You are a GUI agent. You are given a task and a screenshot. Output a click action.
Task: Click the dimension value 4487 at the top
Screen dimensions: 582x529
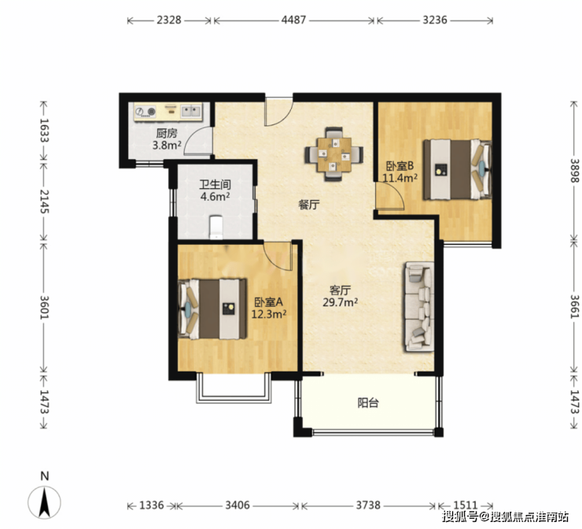[293, 20]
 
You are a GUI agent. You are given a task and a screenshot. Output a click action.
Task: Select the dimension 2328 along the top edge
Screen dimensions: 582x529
[169, 20]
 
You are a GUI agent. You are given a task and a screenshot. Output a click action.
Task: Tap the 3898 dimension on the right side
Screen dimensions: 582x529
[574, 171]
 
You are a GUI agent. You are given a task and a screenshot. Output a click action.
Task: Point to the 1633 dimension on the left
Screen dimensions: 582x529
[44, 131]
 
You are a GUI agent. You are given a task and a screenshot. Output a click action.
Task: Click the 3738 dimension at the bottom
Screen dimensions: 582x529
[368, 505]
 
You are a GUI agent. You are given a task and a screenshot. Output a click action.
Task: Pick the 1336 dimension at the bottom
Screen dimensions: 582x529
[152, 505]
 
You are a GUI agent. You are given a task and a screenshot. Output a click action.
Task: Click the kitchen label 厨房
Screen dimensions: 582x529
[166, 133]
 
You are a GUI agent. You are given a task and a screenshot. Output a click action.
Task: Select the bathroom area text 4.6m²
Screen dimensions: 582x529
[215, 196]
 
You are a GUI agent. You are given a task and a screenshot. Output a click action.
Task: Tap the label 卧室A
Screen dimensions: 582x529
[268, 301]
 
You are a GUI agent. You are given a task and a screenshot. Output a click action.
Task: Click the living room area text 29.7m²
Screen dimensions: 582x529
[340, 302]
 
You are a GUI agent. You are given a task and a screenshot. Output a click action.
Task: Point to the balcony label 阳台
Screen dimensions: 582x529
[368, 403]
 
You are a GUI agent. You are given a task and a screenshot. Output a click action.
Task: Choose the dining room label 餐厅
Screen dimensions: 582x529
[309, 205]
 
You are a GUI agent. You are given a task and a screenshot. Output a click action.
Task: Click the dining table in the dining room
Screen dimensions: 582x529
[334, 154]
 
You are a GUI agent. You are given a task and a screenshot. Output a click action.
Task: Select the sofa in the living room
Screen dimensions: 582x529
[419, 306]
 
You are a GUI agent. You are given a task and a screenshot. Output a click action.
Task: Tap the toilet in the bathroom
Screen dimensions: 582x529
[216, 228]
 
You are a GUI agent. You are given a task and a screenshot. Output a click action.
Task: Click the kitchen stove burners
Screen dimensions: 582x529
[145, 112]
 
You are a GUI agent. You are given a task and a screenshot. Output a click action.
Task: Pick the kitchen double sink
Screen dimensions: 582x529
[191, 111]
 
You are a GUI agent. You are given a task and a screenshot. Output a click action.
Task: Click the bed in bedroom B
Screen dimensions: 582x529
[458, 169]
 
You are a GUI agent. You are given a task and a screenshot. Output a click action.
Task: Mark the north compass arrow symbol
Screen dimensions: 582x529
[45, 502]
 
